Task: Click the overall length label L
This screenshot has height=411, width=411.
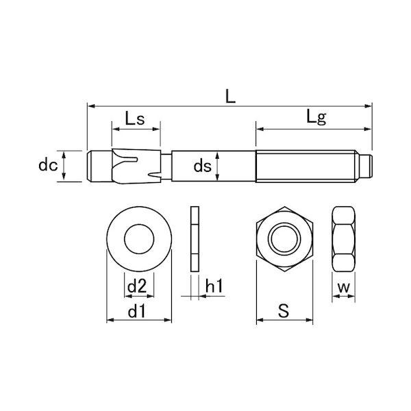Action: (x=231, y=96)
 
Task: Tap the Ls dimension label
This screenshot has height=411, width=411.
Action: (x=135, y=119)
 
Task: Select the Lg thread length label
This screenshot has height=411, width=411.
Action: (x=316, y=118)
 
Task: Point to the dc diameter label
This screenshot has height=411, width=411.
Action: (x=48, y=165)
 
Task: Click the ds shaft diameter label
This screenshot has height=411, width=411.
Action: (x=202, y=166)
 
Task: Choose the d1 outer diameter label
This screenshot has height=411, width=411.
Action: (x=136, y=312)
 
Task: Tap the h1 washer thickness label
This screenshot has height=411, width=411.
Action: (x=214, y=286)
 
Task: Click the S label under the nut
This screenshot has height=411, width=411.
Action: (x=284, y=310)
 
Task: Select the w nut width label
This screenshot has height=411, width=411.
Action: (x=344, y=288)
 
